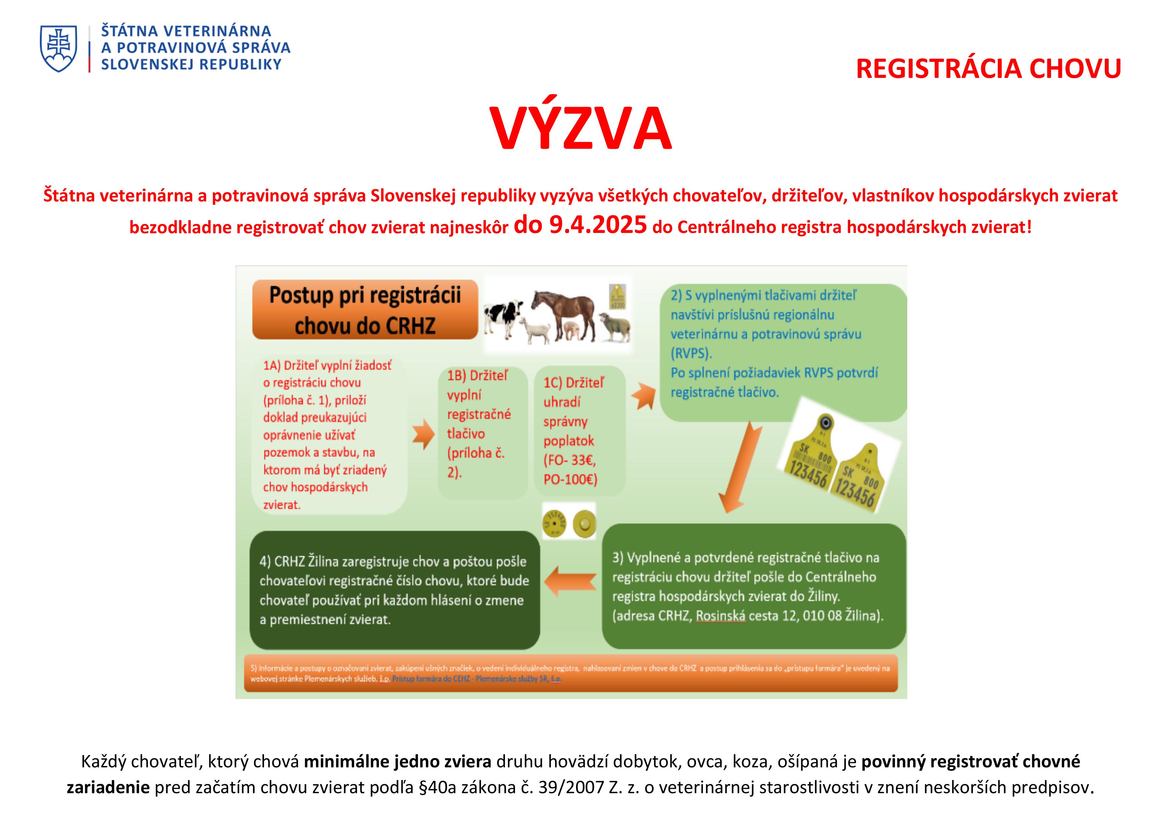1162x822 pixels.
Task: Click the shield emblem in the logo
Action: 59,49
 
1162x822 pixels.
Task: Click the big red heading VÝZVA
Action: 580,129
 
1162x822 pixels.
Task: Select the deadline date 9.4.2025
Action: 598,225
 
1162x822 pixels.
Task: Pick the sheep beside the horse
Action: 614,326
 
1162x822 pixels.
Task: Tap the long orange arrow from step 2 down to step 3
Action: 740,468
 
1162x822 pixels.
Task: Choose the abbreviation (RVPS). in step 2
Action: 691,353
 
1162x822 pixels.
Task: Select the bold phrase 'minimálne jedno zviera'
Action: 398,762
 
